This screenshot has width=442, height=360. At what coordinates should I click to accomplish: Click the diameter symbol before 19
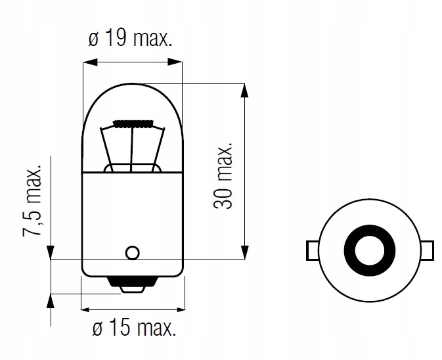coord(93,40)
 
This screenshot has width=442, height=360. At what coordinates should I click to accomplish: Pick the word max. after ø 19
coord(152,40)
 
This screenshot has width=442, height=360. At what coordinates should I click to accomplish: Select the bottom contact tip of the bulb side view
coord(132,287)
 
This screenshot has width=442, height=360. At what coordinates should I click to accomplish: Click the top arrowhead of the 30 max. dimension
coord(245,89)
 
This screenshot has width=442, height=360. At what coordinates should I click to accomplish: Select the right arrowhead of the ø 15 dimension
coord(177,308)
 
